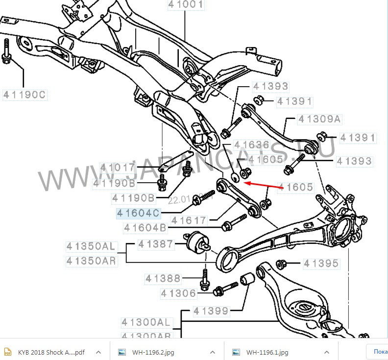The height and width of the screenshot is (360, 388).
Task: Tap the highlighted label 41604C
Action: click(138, 213)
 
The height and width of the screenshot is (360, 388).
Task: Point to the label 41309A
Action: click(320, 119)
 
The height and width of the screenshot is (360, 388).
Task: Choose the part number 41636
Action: click(251, 145)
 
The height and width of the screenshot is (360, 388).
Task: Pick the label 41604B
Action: click(145, 228)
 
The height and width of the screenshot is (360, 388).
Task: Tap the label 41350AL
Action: click(92, 246)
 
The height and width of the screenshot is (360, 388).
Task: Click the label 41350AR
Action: click(92, 261)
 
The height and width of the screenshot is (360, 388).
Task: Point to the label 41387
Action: click(155, 244)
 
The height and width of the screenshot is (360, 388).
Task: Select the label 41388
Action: click(163, 279)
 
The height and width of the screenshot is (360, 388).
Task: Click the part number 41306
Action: click(178, 293)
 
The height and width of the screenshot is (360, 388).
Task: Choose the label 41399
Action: click(210, 311)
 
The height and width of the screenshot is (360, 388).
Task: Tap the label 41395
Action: click(321, 264)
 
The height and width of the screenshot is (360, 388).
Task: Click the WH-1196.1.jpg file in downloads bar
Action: click(267, 352)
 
